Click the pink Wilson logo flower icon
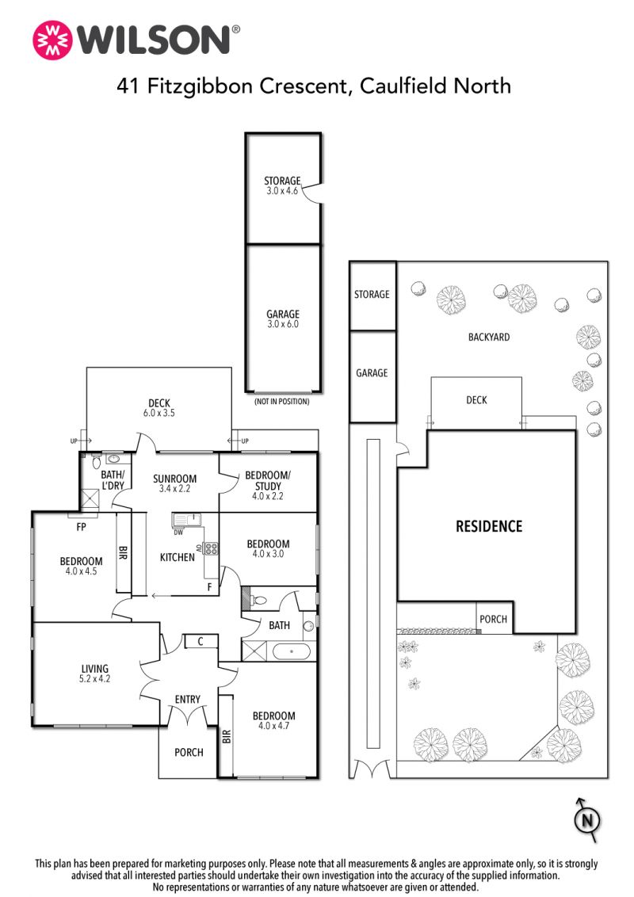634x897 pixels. (x=53, y=40)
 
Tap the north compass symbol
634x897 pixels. (x=587, y=820)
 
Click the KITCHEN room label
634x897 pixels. (x=177, y=557)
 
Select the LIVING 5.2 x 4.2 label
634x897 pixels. (x=94, y=674)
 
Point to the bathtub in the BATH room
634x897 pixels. (x=292, y=651)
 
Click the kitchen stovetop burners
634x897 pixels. (x=211, y=549)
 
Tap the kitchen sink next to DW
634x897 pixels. (x=186, y=520)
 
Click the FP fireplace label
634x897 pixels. (x=81, y=527)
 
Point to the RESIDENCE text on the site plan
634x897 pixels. (x=489, y=526)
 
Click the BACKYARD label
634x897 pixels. (x=489, y=337)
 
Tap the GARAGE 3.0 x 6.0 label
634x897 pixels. (x=283, y=319)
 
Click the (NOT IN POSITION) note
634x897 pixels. (x=282, y=402)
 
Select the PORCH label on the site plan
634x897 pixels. (x=493, y=619)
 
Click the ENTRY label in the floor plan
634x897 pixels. (x=188, y=699)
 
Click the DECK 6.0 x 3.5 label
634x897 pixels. (x=159, y=408)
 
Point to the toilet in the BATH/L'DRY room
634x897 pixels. (x=96, y=462)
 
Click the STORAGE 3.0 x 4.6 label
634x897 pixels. (x=282, y=185)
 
